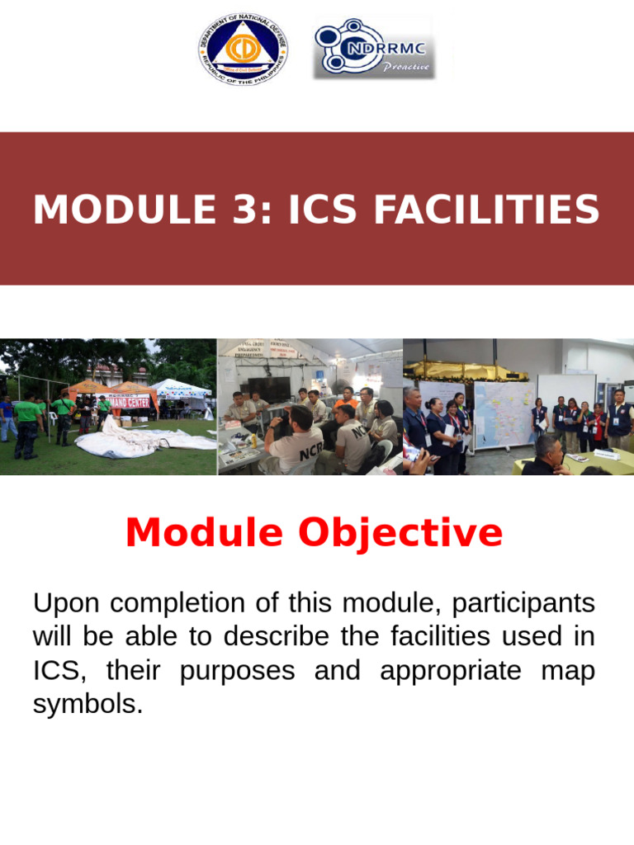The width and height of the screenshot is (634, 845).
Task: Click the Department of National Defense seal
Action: pos(243,50)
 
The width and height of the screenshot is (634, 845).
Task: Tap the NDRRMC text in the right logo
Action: pos(387,47)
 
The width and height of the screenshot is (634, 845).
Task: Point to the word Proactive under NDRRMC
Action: pos(405,67)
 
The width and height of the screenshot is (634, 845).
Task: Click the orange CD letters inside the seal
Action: pos(243,47)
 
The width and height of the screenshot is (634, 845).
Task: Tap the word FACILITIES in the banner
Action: pos(486,210)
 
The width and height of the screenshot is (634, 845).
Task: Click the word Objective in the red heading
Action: pos(400,533)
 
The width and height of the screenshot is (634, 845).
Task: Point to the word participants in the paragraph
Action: pos(527,603)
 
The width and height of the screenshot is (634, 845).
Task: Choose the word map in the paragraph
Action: pos(567,670)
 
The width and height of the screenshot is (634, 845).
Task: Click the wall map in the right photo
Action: pos(504,413)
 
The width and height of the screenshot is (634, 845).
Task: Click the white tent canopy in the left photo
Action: pos(180,387)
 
